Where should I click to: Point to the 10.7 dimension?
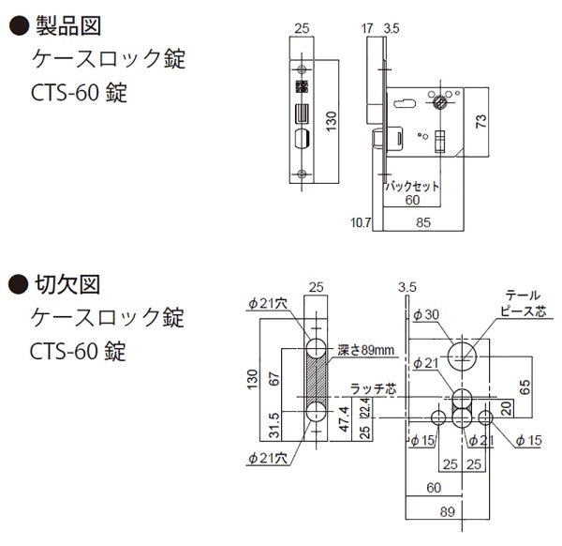(362, 222)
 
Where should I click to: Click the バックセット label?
(413, 187)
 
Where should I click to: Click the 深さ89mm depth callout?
(364, 349)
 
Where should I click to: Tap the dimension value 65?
(528, 384)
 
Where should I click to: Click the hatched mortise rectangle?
(316, 385)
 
